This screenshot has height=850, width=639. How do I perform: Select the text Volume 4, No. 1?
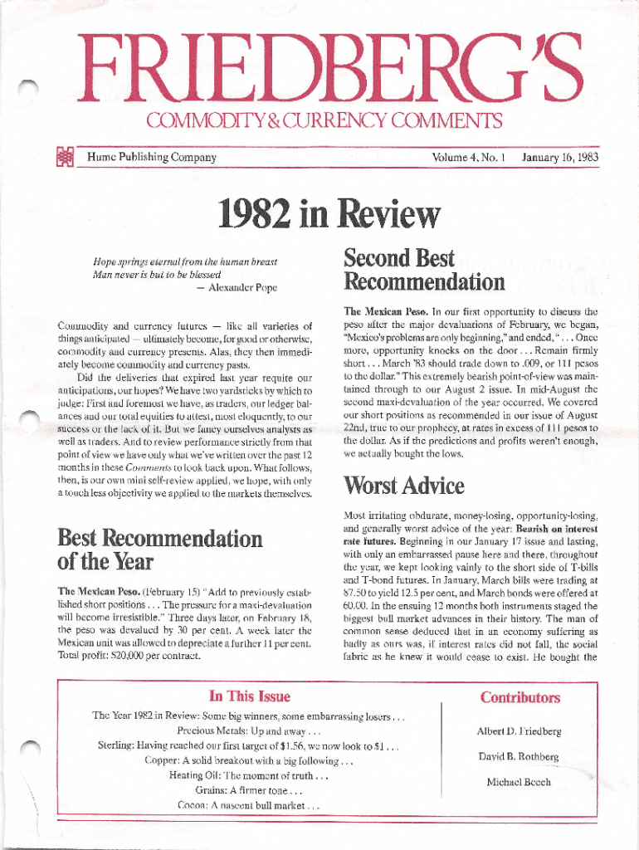click(x=469, y=157)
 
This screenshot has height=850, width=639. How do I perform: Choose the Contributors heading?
click(x=519, y=697)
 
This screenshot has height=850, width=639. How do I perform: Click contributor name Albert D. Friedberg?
click(x=519, y=731)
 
